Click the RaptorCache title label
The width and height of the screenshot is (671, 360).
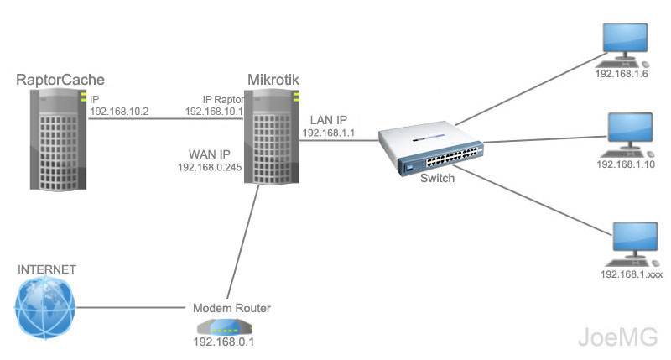(60, 80)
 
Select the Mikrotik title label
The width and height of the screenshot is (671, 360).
(273, 80)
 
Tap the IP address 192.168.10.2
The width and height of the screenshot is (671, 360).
(119, 111)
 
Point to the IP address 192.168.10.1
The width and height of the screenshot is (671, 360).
(213, 111)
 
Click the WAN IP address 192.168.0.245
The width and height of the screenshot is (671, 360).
(209, 168)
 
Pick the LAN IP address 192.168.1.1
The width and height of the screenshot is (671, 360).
(330, 133)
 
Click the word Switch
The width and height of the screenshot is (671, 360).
(437, 178)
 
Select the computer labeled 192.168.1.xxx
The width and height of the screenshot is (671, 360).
(632, 242)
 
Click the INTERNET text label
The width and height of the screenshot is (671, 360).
(47, 269)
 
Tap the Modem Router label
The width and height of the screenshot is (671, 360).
(232, 307)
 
